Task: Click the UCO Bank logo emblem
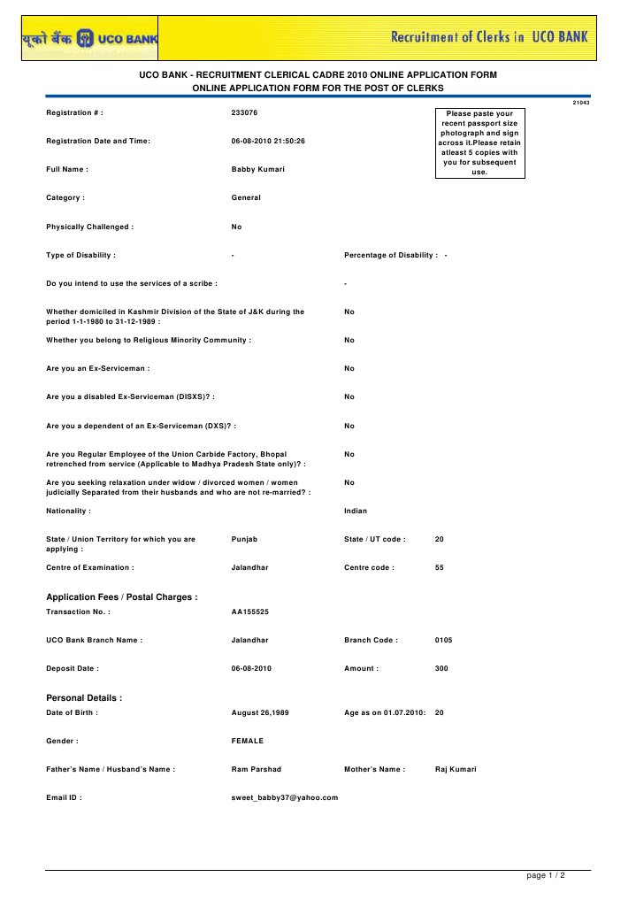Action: [85, 37]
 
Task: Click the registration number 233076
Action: [244, 113]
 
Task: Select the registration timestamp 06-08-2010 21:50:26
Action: [267, 141]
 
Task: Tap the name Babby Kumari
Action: [257, 169]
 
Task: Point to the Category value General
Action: [246, 197]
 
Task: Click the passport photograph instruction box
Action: [479, 142]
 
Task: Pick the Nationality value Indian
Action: [356, 511]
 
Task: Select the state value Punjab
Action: [244, 539]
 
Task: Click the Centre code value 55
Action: [440, 567]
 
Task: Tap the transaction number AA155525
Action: [250, 612]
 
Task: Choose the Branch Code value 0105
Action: [444, 640]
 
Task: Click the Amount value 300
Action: [441, 668]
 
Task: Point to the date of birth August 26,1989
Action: [260, 712]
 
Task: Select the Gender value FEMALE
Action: [247, 741]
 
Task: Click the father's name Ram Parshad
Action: [256, 769]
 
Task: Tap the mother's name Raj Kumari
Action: [456, 769]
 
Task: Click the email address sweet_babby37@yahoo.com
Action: [284, 797]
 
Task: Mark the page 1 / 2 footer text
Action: [546, 875]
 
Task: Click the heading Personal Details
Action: [84, 698]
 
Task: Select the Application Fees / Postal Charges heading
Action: [122, 597]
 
